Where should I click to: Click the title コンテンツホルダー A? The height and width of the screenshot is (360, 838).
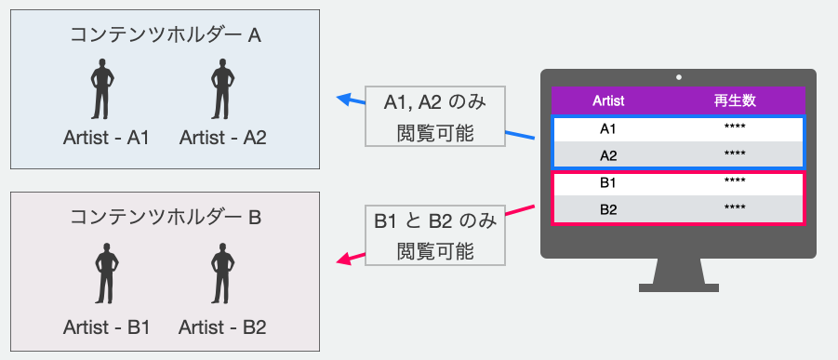coord(166,34)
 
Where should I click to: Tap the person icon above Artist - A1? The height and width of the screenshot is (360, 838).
coord(105,89)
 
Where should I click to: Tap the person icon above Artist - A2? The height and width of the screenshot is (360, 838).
coord(221,89)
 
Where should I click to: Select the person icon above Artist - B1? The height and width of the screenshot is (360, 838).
coord(105,272)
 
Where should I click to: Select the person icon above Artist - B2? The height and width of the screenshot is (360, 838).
coord(221,272)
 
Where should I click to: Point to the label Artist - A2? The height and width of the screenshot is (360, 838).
coord(223,138)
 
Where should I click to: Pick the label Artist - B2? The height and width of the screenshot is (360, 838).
coord(223,327)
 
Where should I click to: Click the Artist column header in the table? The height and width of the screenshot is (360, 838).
coord(608,100)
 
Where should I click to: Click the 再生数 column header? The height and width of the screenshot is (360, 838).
coord(734,100)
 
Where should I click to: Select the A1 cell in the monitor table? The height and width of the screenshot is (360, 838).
coord(608,128)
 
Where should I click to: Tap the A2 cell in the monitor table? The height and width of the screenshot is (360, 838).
coord(608,154)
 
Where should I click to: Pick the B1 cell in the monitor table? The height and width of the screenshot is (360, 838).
coord(608,183)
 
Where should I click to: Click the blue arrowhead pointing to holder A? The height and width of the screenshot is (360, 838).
coord(343,100)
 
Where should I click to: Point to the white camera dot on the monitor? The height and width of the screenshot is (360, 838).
coord(679,77)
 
